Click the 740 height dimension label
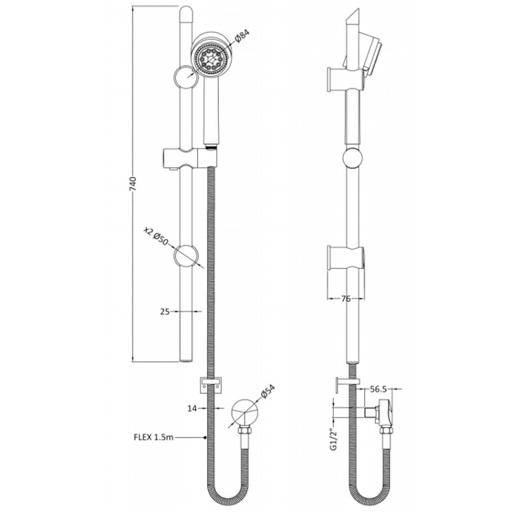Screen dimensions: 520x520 (x=133, y=185)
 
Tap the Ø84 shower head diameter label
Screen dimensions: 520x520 (x=242, y=36)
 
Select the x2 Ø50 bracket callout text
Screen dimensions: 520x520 (x=156, y=235)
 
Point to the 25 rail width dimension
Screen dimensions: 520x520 (x=165, y=311)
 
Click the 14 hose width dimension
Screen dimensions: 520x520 (x=192, y=409)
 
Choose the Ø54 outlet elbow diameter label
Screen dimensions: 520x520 (x=268, y=391)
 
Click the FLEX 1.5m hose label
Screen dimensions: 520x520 (x=153, y=437)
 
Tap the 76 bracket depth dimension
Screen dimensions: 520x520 (x=346, y=299)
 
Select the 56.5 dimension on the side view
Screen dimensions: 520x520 (x=378, y=389)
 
